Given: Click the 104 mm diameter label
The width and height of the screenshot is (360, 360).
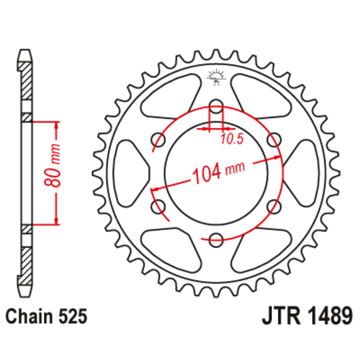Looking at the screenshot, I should click(217, 174).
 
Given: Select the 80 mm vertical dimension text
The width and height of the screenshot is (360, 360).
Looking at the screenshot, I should click(57, 172).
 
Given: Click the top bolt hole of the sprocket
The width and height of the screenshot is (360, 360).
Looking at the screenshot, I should click(216, 106).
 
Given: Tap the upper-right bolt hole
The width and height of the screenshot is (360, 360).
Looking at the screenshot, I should click(273, 139).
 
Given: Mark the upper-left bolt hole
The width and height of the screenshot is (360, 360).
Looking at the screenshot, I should click(159, 139).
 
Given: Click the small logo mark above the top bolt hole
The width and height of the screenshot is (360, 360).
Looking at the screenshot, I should click(215, 79).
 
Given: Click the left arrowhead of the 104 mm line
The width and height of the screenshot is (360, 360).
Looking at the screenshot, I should click(157, 191).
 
